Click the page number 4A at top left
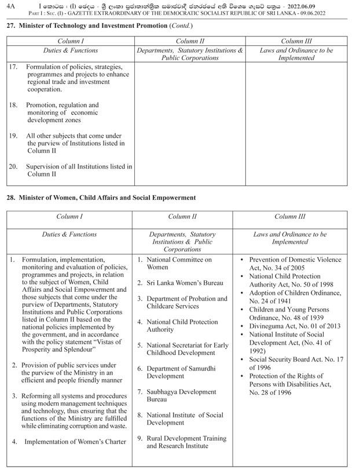11,6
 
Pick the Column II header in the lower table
182,217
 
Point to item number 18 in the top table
13,105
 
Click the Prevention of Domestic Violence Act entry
295,263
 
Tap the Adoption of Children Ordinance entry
295,297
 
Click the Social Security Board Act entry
295,364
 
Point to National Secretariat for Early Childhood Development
186,349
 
